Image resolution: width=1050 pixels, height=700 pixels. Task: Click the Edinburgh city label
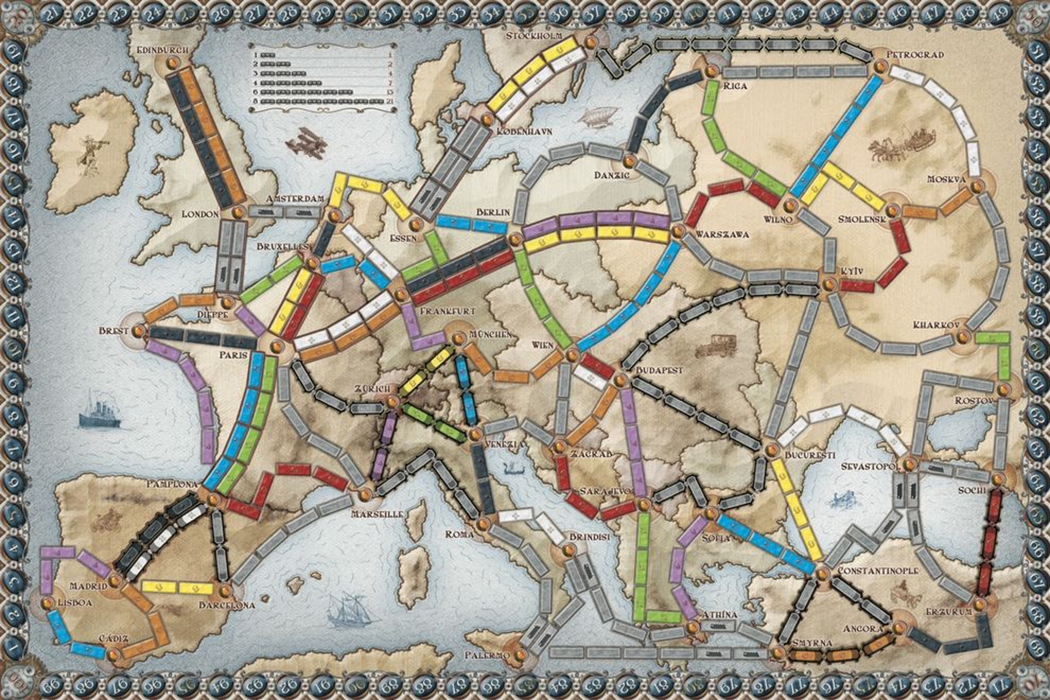(x=164, y=49)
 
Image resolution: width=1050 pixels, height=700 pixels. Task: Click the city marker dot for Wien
(x=572, y=356)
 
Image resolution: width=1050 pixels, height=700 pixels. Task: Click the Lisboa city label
(x=75, y=603)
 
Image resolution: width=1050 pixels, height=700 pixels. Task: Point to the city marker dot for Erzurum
(x=979, y=605)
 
